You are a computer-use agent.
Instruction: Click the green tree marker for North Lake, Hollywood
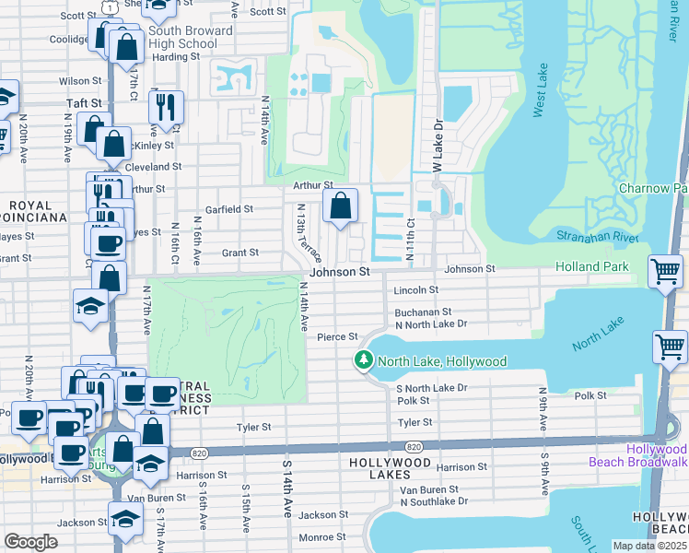click(x=365, y=361)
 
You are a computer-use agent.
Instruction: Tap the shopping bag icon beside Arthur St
click(x=340, y=207)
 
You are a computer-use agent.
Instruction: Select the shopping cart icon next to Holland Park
click(x=666, y=273)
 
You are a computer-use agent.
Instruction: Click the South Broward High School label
click(x=182, y=38)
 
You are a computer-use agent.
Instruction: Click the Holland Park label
click(x=591, y=267)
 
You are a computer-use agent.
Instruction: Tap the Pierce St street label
click(x=337, y=337)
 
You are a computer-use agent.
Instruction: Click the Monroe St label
click(x=321, y=536)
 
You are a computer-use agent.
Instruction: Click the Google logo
click(x=30, y=542)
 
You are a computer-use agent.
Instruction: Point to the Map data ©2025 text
click(x=649, y=546)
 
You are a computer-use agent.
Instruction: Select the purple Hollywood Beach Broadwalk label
click(x=657, y=455)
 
